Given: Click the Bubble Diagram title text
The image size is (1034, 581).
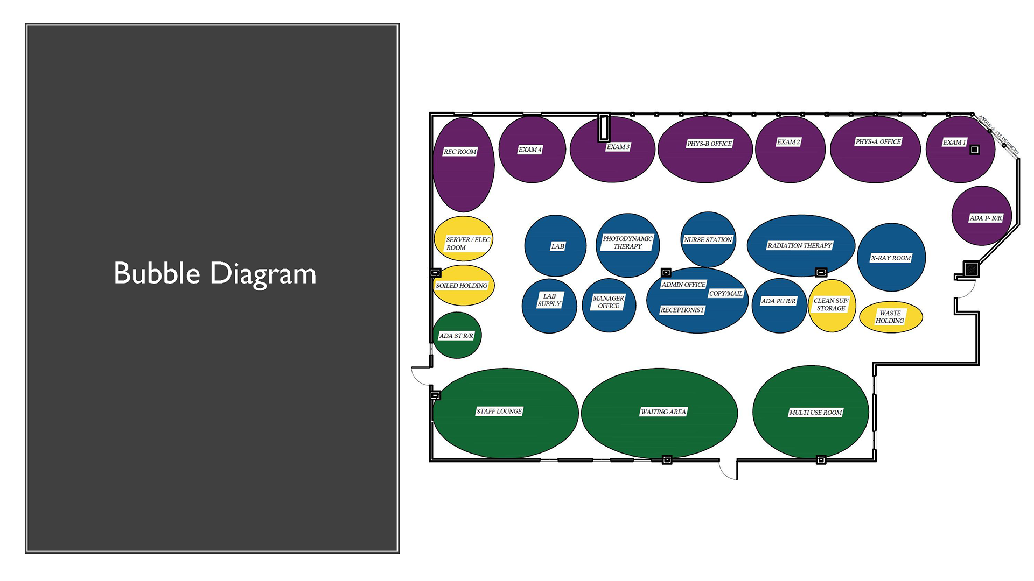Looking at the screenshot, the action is [215, 273].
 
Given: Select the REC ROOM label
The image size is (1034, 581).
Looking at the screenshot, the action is [460, 152].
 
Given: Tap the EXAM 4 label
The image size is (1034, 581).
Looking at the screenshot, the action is [530, 150].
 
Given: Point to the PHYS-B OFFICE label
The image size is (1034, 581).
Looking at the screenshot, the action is [709, 144].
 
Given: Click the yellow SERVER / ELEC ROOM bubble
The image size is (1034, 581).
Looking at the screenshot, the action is [464, 239].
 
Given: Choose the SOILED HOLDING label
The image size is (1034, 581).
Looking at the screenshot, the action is [462, 286].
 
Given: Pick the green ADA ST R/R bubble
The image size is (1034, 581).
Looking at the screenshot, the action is [457, 336].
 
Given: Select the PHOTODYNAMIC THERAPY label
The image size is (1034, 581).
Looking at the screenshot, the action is [627, 243].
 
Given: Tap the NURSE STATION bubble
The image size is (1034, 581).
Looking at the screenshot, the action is [708, 239].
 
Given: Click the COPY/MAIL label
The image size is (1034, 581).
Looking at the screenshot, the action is [725, 294].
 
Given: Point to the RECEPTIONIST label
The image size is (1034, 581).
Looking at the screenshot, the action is [682, 310].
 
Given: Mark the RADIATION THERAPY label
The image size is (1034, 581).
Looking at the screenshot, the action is [800, 246].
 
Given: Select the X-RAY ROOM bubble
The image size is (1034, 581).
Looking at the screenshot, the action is [891, 258].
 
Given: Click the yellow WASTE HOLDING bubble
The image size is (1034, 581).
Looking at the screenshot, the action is [891, 317].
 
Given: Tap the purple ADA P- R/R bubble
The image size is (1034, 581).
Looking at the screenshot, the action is [981, 215].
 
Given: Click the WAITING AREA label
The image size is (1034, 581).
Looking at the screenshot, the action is [663, 412].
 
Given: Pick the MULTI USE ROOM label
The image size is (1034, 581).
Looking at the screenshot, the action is [815, 413].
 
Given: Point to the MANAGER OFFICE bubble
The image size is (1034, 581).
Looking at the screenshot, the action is [609, 305].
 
